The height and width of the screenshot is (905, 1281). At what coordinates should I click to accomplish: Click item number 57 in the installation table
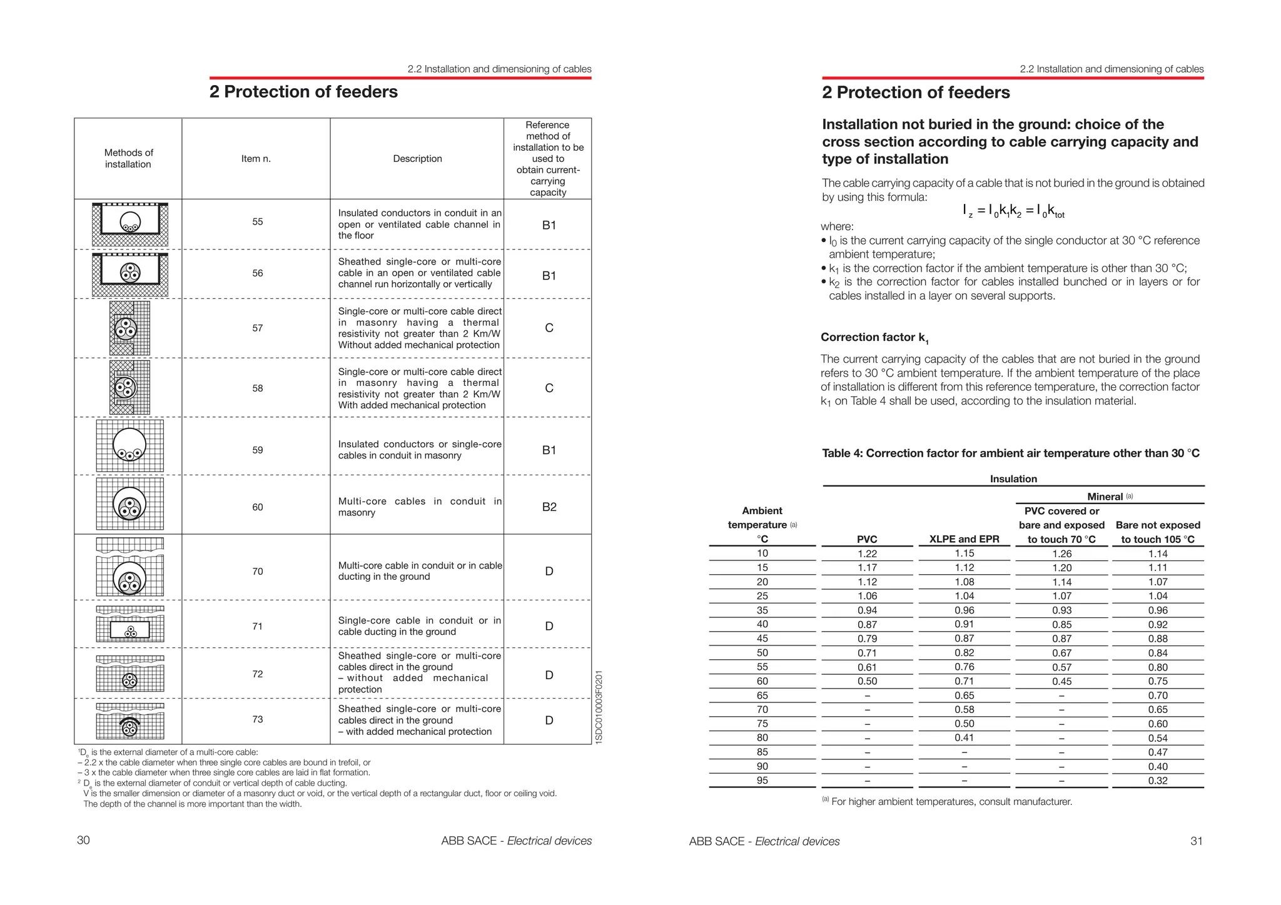click(257, 328)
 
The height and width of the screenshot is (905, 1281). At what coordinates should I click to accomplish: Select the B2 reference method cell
click(549, 507)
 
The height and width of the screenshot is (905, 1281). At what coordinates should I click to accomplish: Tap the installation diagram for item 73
click(130, 721)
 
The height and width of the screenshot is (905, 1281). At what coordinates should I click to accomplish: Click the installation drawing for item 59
click(130, 446)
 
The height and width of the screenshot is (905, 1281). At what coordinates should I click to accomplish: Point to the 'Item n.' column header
click(256, 159)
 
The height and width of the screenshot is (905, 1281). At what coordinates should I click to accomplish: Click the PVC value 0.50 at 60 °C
click(867, 682)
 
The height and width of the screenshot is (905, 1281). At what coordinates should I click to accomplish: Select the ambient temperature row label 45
click(762, 639)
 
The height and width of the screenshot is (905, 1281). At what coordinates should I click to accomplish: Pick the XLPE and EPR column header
click(964, 539)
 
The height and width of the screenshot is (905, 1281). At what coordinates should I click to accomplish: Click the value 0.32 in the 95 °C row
click(1158, 781)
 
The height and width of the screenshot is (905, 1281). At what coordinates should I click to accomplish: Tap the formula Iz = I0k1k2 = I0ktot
click(1013, 211)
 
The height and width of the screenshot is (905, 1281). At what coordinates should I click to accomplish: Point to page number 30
click(83, 840)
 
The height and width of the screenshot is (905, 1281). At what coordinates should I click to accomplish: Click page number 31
click(1196, 841)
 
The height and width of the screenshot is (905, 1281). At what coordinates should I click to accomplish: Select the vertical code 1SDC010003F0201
click(599, 707)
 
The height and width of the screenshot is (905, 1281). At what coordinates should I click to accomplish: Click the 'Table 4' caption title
click(1010, 453)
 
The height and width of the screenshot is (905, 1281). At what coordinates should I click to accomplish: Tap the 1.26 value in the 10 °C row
click(1061, 554)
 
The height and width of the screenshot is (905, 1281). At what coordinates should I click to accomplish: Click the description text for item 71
click(419, 626)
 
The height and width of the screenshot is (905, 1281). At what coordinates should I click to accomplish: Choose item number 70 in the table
click(257, 572)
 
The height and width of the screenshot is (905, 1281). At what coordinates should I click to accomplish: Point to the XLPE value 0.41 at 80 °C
click(964, 738)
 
